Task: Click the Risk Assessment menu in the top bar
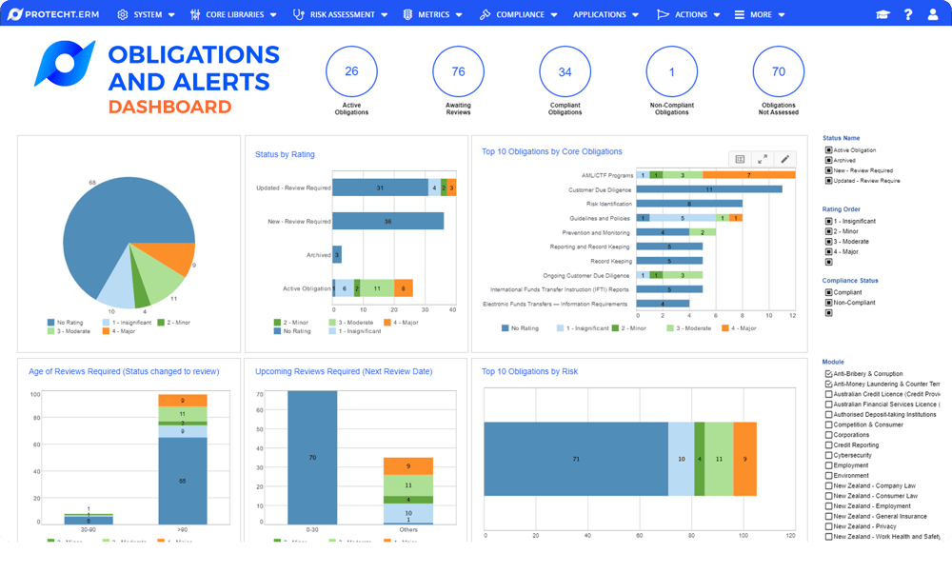pos(341,14)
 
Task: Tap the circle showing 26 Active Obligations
pos(351,72)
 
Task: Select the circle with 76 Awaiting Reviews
pos(458,72)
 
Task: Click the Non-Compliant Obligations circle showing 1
pos(671,72)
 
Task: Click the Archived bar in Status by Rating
pos(337,254)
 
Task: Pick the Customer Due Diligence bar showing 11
pos(708,189)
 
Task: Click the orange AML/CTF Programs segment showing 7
pos(748,175)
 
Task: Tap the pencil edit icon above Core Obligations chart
pos(785,159)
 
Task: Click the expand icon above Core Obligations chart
pos(763,159)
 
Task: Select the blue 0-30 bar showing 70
pos(312,457)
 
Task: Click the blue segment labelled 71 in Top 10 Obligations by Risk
pos(575,459)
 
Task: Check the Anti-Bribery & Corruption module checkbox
pos(828,374)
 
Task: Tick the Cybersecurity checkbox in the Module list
pos(828,455)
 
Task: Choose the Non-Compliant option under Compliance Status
pos(829,303)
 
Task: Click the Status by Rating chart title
pos(285,154)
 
